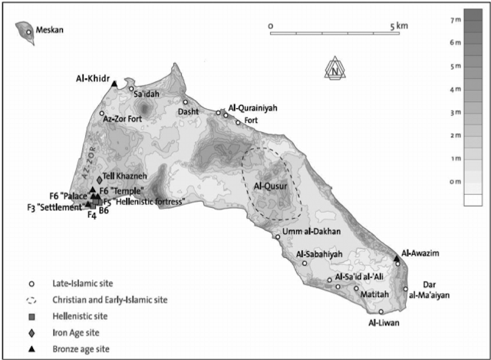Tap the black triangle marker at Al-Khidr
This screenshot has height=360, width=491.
coord(114,84)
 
